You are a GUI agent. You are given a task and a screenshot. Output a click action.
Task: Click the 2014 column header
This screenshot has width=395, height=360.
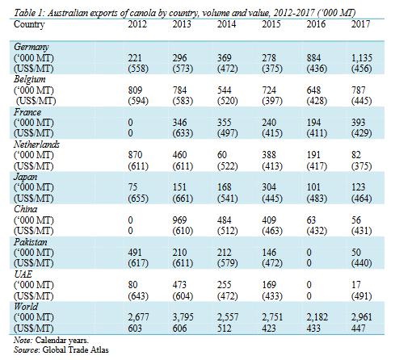(x=226, y=24)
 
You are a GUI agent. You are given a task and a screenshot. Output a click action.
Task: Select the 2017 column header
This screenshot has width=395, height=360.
(x=360, y=24)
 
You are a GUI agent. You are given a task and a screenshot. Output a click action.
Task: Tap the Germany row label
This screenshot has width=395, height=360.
(x=31, y=47)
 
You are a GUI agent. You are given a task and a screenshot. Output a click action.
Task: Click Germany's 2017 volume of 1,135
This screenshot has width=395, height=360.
(x=362, y=58)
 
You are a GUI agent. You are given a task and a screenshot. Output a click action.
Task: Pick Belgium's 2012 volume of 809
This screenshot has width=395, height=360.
(x=135, y=90)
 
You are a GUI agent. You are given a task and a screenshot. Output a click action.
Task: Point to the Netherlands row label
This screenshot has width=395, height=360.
(x=36, y=144)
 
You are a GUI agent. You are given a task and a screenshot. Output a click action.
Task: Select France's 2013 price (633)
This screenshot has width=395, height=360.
(x=183, y=133)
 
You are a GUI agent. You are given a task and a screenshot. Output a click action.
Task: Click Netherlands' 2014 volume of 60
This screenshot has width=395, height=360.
(x=222, y=155)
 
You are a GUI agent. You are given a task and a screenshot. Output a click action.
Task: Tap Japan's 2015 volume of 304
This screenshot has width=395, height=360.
(x=269, y=187)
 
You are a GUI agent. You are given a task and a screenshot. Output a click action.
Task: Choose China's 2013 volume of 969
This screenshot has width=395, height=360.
(x=179, y=220)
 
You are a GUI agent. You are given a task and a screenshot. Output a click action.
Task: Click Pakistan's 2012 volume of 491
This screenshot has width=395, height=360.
(x=135, y=253)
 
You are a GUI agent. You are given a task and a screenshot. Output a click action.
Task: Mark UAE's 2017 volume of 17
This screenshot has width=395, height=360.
(x=356, y=285)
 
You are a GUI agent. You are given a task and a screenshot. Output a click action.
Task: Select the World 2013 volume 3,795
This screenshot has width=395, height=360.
(x=183, y=317)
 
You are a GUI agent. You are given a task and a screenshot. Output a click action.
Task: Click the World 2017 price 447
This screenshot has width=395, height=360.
(x=359, y=329)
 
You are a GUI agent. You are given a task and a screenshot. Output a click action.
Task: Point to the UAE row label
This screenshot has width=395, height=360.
(x=23, y=274)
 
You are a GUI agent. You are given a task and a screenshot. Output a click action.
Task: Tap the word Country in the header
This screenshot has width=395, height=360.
(x=29, y=24)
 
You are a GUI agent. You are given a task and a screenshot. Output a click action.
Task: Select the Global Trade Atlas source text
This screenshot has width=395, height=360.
(x=76, y=350)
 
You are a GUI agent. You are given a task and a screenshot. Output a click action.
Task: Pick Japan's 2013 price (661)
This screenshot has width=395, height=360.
(x=183, y=199)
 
